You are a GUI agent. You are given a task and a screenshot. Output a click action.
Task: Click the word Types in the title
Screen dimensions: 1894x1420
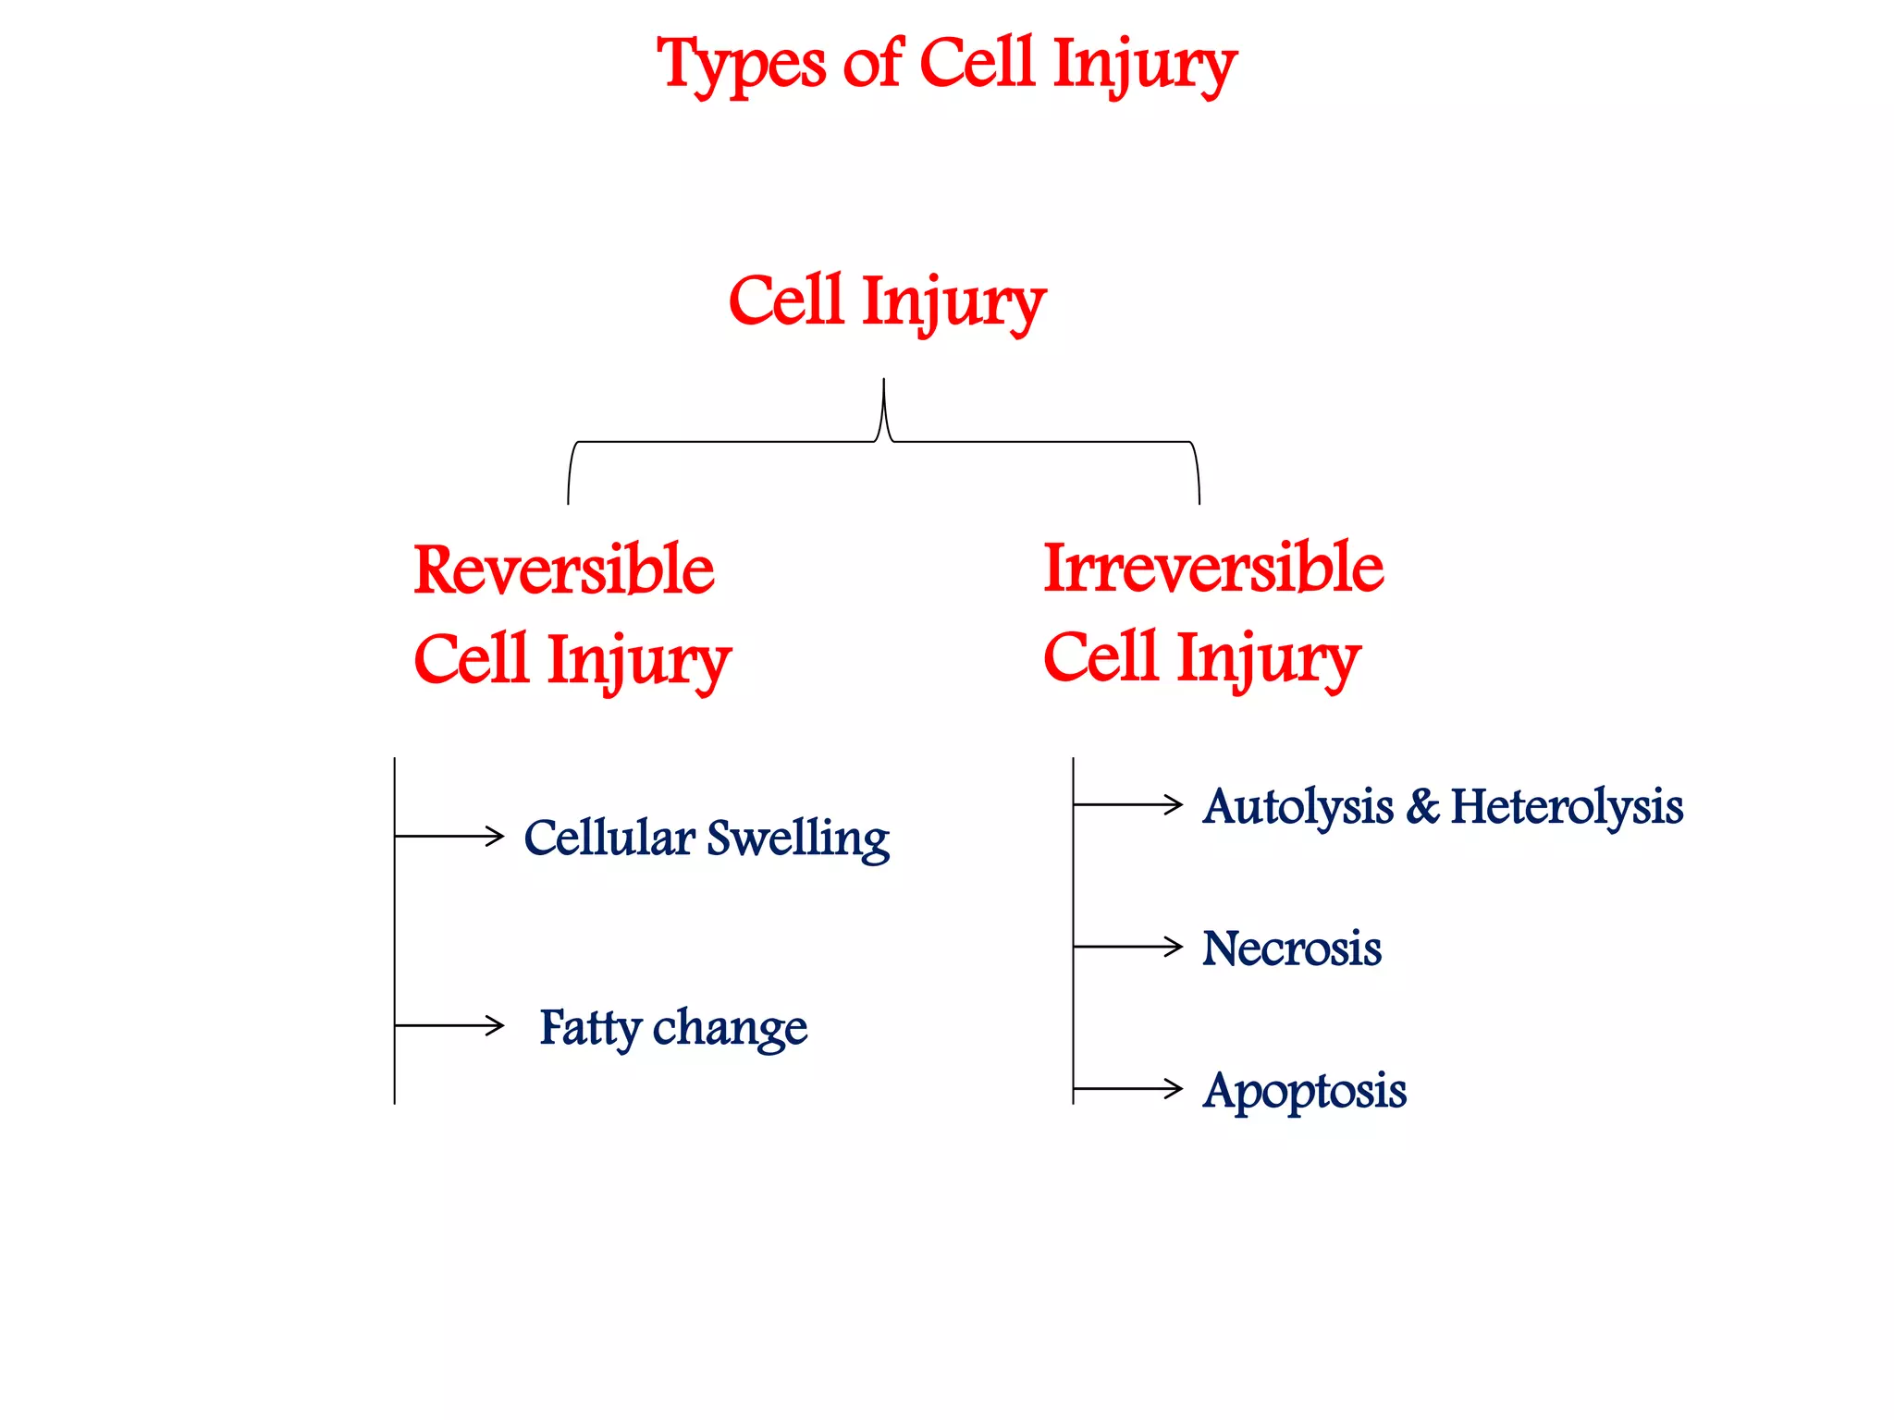tap(741, 65)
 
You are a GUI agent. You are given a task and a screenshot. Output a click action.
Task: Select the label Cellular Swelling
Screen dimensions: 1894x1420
tap(706, 838)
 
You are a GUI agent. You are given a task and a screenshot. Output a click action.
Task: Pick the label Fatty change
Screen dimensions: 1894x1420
tap(672, 1027)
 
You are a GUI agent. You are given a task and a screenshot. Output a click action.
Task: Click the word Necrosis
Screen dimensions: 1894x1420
tap(1291, 949)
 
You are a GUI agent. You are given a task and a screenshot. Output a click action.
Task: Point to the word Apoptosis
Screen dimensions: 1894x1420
tap(1304, 1091)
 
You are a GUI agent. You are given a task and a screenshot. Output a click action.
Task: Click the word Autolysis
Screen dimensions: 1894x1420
tap(1298, 807)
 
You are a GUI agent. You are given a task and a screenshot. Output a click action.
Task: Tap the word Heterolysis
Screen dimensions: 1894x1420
tap(1567, 806)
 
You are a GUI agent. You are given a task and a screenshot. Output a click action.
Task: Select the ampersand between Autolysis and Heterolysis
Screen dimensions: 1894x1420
tap(1422, 806)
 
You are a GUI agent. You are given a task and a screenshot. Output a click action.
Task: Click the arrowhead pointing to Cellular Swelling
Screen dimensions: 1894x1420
tap(498, 836)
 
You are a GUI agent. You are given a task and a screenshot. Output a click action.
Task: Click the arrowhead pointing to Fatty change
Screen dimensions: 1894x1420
tap(498, 1025)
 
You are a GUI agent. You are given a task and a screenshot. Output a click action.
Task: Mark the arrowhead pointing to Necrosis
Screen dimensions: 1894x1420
tap(1176, 947)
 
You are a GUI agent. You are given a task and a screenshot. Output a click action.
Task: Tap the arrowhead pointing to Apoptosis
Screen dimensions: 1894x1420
tap(1176, 1089)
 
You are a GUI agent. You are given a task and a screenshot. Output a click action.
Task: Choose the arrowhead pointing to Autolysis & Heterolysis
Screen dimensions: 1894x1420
tap(1176, 804)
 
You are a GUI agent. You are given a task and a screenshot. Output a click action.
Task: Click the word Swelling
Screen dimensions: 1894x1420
tap(797, 839)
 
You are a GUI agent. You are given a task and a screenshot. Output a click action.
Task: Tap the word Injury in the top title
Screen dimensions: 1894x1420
tap(1144, 65)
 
